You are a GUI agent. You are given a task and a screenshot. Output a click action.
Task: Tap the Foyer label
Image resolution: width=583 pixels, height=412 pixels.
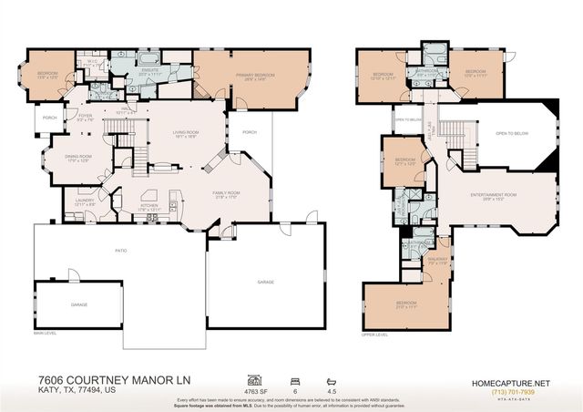(86, 118)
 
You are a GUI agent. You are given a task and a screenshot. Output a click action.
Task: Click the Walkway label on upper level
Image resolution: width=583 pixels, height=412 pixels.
(437, 260)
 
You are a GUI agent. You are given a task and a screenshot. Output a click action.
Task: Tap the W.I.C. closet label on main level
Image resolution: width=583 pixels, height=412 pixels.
(102, 63)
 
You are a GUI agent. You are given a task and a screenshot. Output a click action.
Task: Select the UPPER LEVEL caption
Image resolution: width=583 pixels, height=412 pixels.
(374, 335)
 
